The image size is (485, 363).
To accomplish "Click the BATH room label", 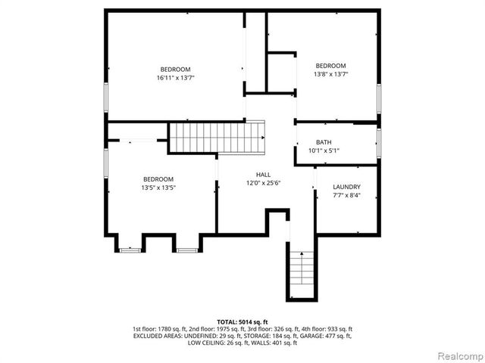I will click(x=324, y=142).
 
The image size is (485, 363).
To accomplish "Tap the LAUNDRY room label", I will click(x=346, y=187).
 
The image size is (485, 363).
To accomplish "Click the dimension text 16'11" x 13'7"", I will click(x=174, y=77).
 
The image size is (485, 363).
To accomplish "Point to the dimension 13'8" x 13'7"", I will click(x=330, y=74).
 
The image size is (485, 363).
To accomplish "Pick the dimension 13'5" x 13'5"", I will click(x=158, y=188).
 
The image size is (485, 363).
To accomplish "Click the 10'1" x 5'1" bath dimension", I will click(x=324, y=151).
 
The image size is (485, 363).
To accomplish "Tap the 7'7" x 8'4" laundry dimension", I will click(x=346, y=196).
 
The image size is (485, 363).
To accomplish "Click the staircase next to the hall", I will click(x=217, y=137).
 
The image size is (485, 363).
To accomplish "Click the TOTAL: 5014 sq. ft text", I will click(x=242, y=321).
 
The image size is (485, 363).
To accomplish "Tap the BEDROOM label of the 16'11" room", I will click(x=174, y=69).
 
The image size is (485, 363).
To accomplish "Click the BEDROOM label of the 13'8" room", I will click(x=330, y=66).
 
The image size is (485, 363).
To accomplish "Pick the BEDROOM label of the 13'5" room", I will click(x=158, y=179).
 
